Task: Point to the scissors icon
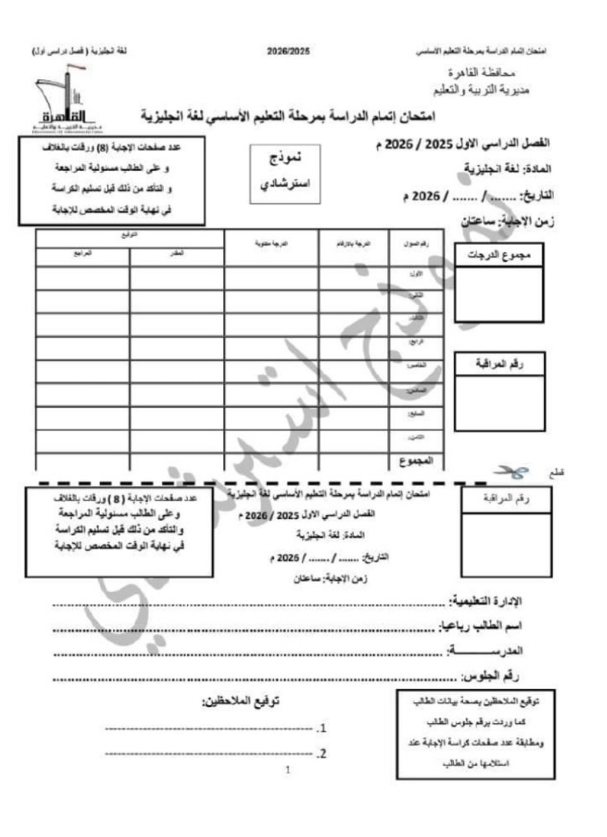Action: (509, 473)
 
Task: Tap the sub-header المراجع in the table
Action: (82, 253)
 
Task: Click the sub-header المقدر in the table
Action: (177, 253)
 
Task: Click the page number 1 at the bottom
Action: (288, 770)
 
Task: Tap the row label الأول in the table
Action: (416, 273)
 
